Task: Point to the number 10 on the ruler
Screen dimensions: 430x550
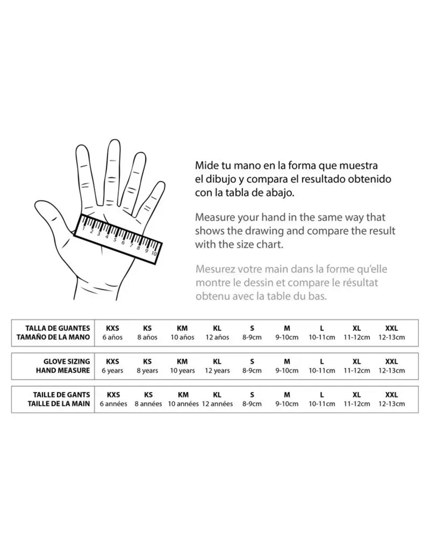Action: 154,253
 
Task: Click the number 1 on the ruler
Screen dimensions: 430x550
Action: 84,229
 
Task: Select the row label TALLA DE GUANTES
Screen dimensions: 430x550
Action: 58,328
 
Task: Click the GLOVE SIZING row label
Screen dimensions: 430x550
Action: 67,361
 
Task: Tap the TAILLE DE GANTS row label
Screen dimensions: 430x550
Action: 61,395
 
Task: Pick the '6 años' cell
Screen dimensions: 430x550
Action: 112,337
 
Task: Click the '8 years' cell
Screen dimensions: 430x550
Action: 147,371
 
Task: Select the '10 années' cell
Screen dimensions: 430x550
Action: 183,404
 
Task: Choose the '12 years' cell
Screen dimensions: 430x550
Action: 217,371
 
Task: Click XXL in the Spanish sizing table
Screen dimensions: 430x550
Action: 392,328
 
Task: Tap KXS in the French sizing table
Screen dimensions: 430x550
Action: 113,395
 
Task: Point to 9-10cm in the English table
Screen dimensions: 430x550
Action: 287,371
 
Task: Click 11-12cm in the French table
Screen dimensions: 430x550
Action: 357,404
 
